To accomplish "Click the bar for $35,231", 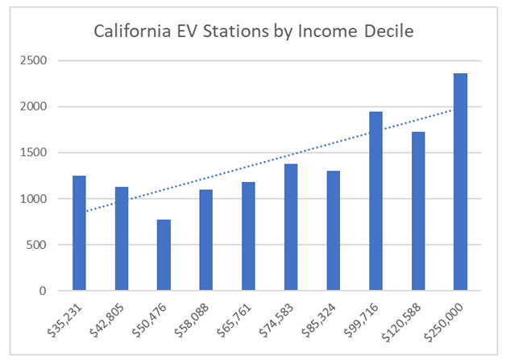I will tap(79, 233).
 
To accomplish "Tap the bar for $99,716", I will tap(375, 201).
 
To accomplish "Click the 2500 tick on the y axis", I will tap(37, 60).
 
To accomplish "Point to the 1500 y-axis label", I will tap(37, 152).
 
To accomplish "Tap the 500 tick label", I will tap(40, 245).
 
